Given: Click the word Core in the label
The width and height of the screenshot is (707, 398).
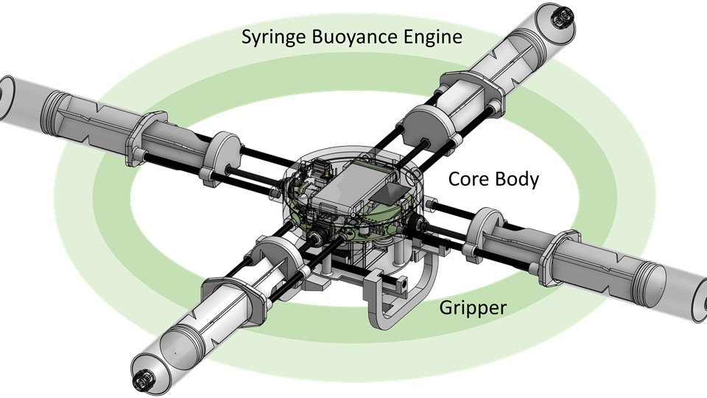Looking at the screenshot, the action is pyautogui.click(x=468, y=179).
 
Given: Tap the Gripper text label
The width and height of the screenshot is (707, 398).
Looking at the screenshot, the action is pyautogui.click(x=473, y=309).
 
